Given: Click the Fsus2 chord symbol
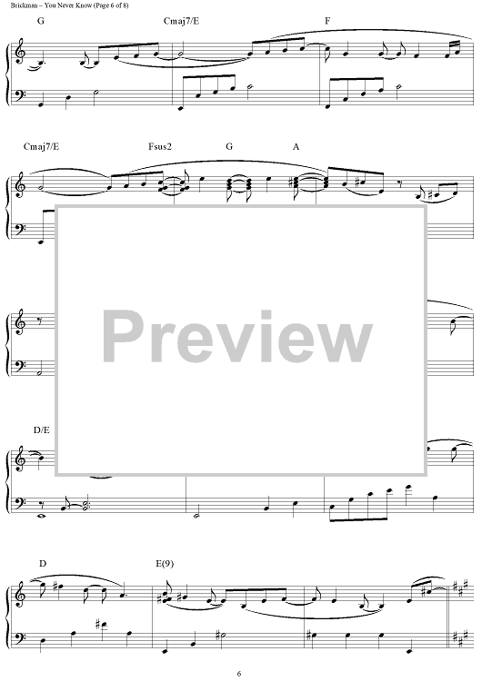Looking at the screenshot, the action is tap(160, 147).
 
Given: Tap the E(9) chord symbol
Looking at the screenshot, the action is tap(165, 564).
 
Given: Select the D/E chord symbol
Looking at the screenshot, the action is tap(41, 430).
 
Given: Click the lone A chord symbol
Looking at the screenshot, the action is tap(296, 147).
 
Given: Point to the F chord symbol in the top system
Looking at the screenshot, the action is tap(327, 21).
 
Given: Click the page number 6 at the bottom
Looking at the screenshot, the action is tap(239, 674).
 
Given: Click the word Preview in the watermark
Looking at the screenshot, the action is tap(237, 337).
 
